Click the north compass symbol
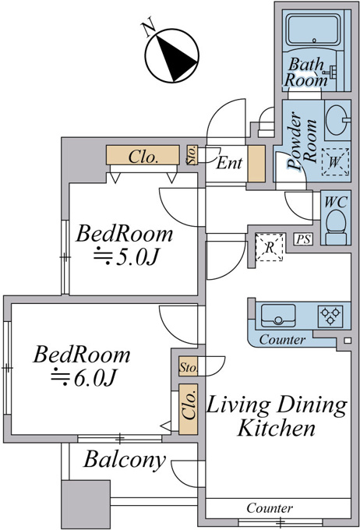pyautogui.click(x=171, y=55)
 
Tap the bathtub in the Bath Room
pyautogui.click(x=314, y=30)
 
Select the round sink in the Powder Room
pyautogui.click(x=337, y=120)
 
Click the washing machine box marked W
pyautogui.click(x=335, y=162)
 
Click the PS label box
pyautogui.click(x=303, y=239)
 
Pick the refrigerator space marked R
pyautogui.click(x=269, y=247)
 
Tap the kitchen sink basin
pyautogui.click(x=278, y=316)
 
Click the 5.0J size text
pyautogui.click(x=125, y=258)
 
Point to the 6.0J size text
pyautogui.click(x=83, y=377)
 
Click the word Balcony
pyautogui.click(x=125, y=460)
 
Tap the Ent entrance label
pyautogui.click(x=229, y=163)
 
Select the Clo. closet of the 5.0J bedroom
pyautogui.click(x=143, y=155)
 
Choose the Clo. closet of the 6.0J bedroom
pyautogui.click(x=188, y=409)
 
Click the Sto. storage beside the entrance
pyautogui.click(x=192, y=155)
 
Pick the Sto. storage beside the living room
pyautogui.click(x=189, y=366)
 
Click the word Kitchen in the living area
pyautogui.click(x=276, y=428)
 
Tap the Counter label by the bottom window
pyautogui.click(x=270, y=508)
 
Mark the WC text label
pyautogui.click(x=336, y=202)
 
